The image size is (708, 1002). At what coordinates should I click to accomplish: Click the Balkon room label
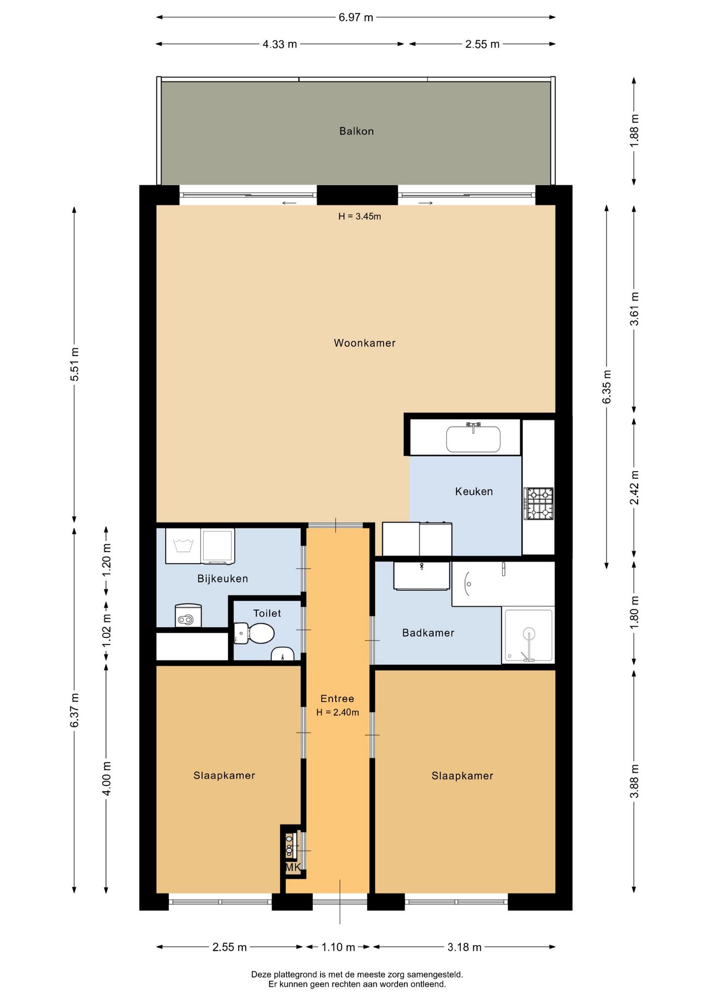tap(357, 131)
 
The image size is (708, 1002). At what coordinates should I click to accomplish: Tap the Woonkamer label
tap(364, 343)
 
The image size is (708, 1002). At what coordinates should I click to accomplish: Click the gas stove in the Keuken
tap(539, 504)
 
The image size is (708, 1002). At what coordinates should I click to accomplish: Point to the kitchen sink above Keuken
tap(473, 438)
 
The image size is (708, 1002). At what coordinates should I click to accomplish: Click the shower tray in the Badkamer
tap(528, 635)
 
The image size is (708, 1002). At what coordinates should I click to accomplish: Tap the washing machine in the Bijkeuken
tap(217, 546)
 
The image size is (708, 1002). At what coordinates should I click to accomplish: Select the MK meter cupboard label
tap(293, 867)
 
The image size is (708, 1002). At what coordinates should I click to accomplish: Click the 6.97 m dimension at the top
tap(356, 17)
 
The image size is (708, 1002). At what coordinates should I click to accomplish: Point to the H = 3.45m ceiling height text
tap(360, 216)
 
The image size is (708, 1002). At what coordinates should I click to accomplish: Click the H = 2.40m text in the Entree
tap(337, 712)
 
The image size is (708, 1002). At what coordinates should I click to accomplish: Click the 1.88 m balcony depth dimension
tap(634, 130)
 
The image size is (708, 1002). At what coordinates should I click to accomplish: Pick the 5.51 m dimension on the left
tap(75, 364)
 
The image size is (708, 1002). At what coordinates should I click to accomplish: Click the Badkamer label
tap(428, 633)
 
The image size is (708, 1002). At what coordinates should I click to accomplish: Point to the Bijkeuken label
tap(223, 578)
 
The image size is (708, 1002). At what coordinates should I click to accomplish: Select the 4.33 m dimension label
tap(280, 44)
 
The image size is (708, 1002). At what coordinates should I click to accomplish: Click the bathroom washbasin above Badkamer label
tap(422, 576)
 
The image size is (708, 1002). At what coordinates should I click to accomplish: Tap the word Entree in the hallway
tap(337, 698)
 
